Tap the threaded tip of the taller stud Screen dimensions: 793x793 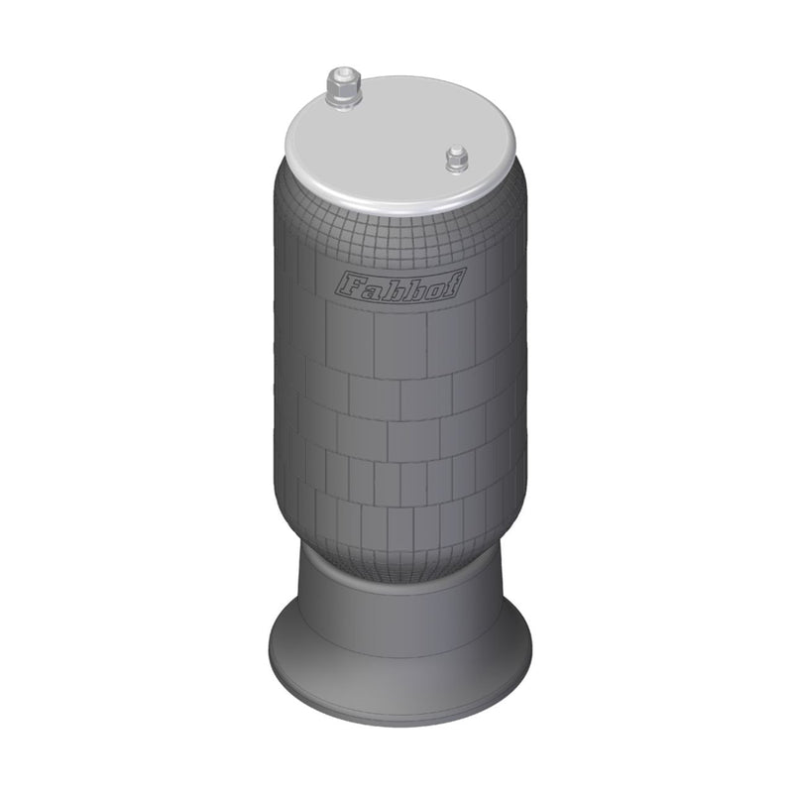345,72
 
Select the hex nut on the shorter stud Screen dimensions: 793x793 457,162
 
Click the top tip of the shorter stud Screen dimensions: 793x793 457,150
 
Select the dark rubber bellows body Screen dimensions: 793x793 396,416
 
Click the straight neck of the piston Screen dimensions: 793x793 396,595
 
